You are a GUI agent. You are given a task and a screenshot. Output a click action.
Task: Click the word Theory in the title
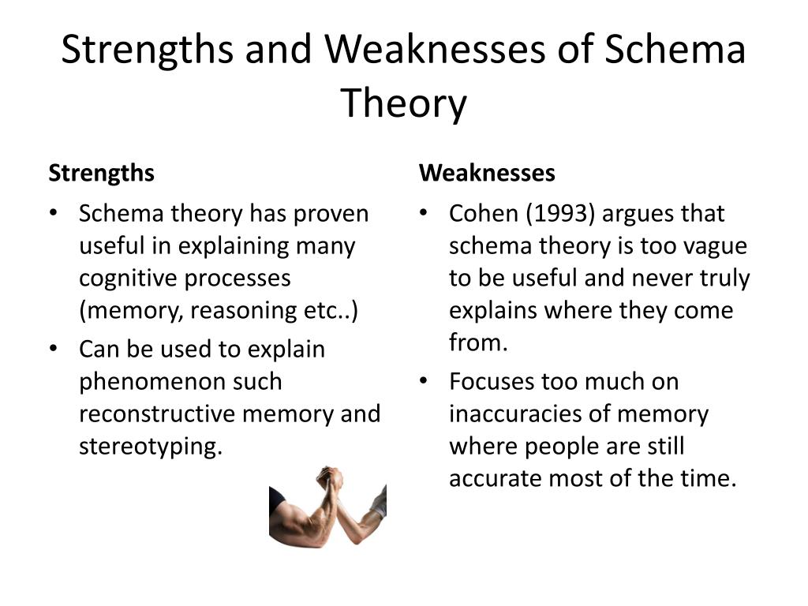pyautogui.click(x=403, y=103)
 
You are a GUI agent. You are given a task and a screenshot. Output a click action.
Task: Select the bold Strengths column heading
pyautogui.click(x=101, y=173)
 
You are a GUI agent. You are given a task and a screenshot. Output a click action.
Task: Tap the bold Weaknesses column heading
pyautogui.click(x=487, y=173)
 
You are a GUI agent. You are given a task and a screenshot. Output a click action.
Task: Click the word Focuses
pyautogui.click(x=492, y=381)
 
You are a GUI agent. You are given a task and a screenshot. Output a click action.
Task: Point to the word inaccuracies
pyautogui.click(x=522, y=413)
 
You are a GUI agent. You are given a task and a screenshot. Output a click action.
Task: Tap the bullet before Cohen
pyautogui.click(x=424, y=214)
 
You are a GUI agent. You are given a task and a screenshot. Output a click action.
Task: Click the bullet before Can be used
pyautogui.click(x=53, y=349)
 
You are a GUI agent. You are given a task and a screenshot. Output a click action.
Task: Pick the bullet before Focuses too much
pyautogui.click(x=424, y=381)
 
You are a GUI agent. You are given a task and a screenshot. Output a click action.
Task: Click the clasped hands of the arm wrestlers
pyautogui.click(x=330, y=478)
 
